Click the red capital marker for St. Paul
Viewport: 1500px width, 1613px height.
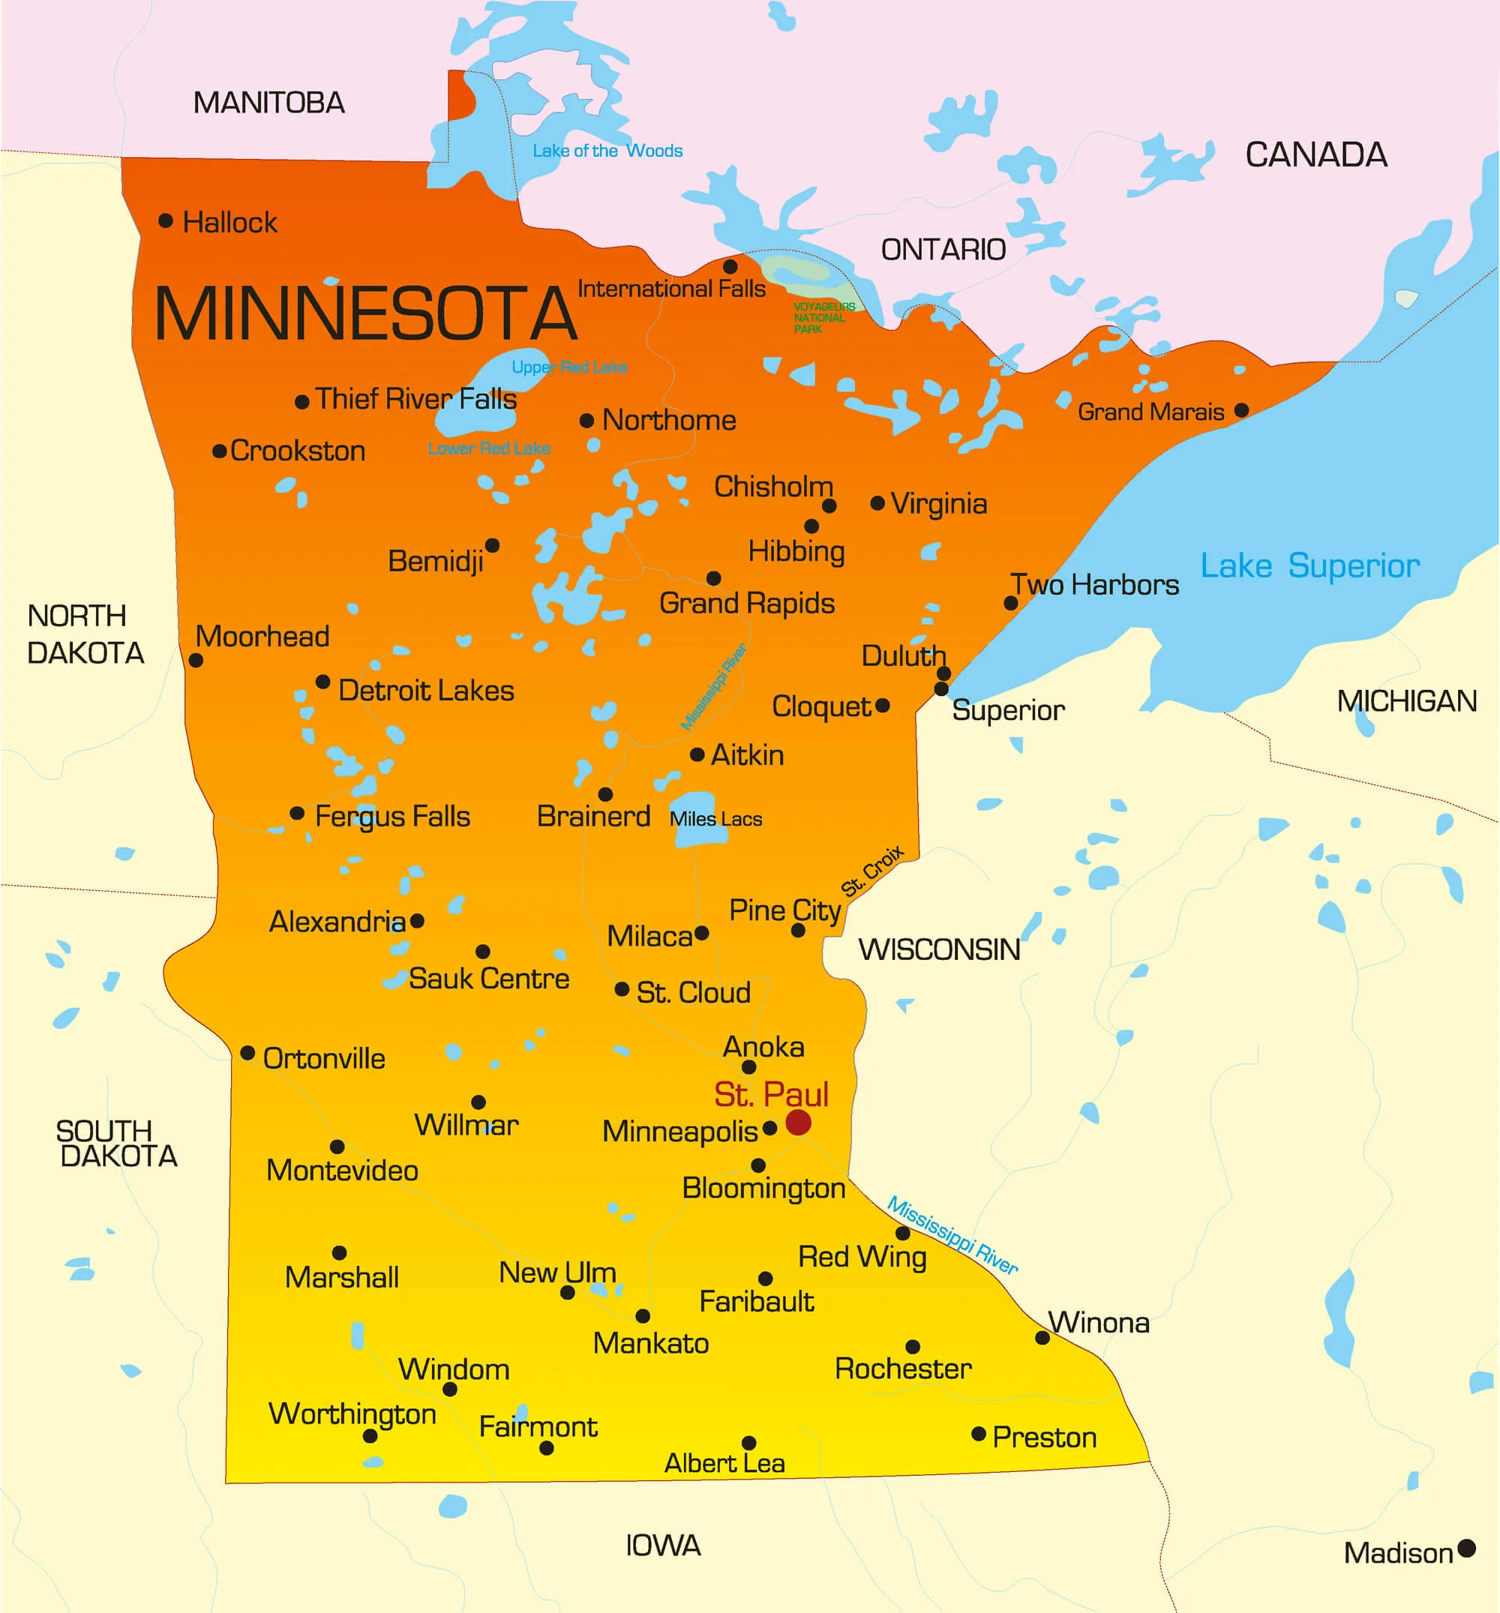tap(798, 1122)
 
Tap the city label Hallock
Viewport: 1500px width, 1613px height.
tap(229, 222)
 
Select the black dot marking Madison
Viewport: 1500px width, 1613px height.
tap(1466, 1548)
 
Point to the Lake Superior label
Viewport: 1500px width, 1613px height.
tap(1309, 565)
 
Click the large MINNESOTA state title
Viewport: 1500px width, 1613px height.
tap(365, 313)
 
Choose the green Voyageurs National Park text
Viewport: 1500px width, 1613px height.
tap(823, 317)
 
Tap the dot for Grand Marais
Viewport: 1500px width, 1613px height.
tap(1241, 410)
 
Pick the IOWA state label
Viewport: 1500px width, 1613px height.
tap(662, 1546)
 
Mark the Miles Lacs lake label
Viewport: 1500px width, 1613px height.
tap(715, 820)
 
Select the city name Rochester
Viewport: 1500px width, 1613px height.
tap(902, 1369)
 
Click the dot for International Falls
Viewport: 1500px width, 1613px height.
tap(730, 266)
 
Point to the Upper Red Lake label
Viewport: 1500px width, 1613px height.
tap(568, 367)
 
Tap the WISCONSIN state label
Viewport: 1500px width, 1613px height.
tap(938, 949)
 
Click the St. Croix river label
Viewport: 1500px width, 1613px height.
tap(871, 871)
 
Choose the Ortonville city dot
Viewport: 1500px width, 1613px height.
tap(247, 1053)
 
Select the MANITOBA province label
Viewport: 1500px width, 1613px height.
tap(268, 103)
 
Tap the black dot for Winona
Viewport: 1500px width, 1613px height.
tap(1042, 1338)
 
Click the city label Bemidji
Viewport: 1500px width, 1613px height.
tap(435, 561)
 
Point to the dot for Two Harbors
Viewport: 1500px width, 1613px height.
tap(1010, 603)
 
